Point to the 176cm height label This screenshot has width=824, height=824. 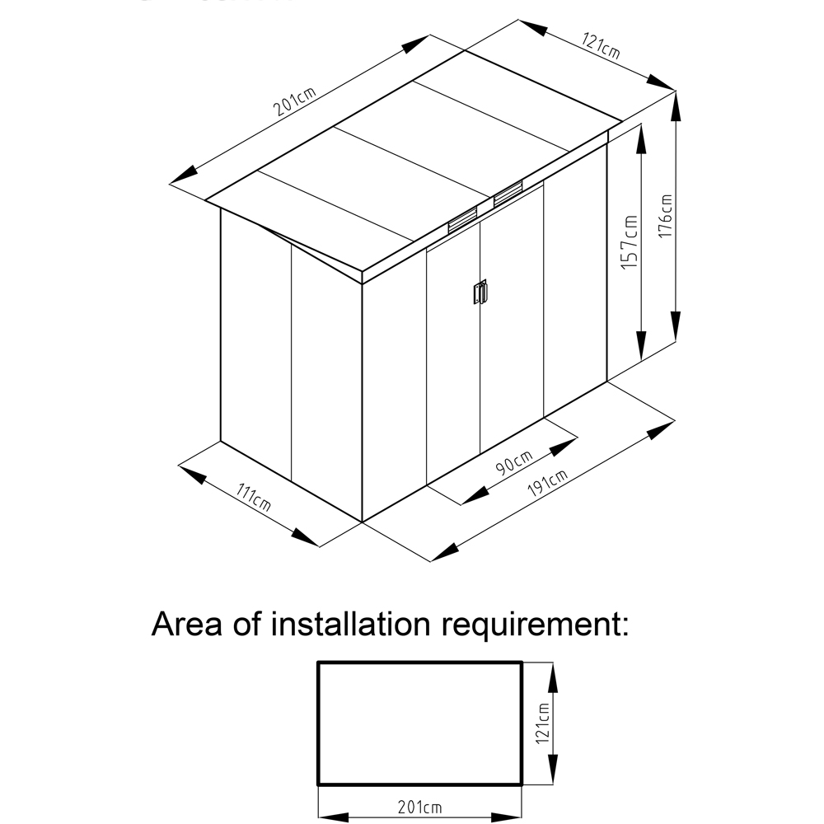coord(666,216)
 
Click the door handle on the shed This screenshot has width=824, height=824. coord(479,293)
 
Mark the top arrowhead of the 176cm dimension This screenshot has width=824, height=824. coord(677,103)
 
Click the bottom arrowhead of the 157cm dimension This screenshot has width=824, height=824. coord(640,347)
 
